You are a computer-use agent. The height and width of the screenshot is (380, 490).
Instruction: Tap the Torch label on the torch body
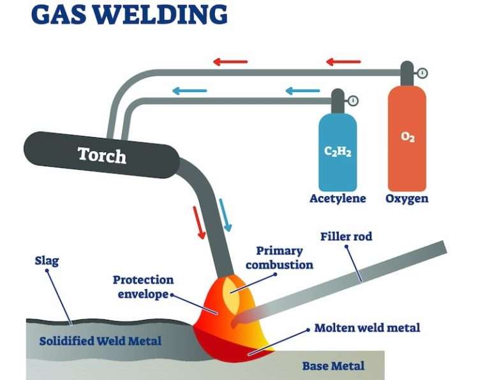[x=101, y=155]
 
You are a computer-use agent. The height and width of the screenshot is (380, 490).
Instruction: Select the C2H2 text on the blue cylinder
[x=338, y=152]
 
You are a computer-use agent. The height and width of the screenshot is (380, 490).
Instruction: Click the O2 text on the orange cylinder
[x=408, y=137]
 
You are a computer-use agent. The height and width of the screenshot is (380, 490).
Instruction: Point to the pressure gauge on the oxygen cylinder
[x=422, y=73]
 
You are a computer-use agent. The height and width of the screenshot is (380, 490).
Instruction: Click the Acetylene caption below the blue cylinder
[x=338, y=199]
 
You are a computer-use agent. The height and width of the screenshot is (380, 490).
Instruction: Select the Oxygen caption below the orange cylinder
[x=407, y=199]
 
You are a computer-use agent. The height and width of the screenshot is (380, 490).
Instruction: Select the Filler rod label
[x=346, y=237]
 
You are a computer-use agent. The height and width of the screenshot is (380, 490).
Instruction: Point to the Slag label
[x=47, y=261]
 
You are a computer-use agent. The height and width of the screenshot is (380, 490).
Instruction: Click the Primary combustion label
[x=279, y=257]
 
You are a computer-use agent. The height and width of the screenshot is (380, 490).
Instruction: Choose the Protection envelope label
[x=143, y=287]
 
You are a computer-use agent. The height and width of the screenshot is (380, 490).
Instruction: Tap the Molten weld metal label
[x=367, y=328]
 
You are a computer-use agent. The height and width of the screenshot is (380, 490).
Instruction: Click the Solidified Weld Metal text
[x=100, y=341]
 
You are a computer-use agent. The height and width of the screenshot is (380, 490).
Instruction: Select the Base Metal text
[x=333, y=366]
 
